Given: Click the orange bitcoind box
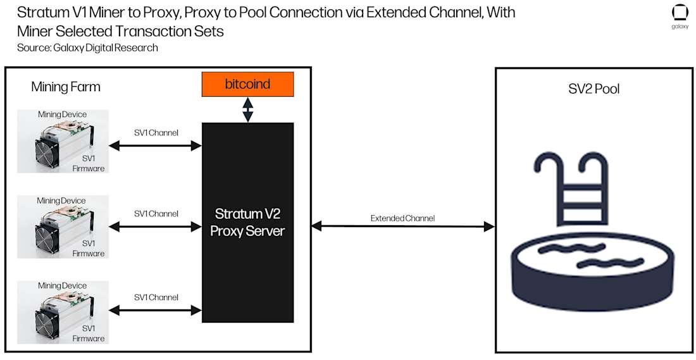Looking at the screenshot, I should [247, 84].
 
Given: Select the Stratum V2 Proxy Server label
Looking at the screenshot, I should [247, 222].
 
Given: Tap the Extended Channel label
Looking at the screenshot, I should [402, 218].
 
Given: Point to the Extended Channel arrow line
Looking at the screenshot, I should [402, 226].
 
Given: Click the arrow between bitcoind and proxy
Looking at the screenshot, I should [247, 109].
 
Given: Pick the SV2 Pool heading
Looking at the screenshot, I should [593, 89].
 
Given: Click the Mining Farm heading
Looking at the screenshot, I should [66, 87].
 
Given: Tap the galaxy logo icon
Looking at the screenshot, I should [680, 13].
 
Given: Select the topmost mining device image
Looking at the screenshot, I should [63, 141].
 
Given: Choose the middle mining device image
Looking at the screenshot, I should [63, 227].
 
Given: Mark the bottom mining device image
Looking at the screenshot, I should [63, 312].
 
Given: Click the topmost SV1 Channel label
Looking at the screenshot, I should [156, 133].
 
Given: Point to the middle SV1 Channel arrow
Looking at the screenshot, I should [156, 226].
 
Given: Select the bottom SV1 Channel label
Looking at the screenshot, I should [156, 297].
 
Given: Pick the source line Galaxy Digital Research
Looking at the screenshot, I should [87, 47].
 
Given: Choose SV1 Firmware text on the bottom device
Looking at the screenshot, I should [89, 333].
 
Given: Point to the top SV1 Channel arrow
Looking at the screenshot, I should [156, 146].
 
